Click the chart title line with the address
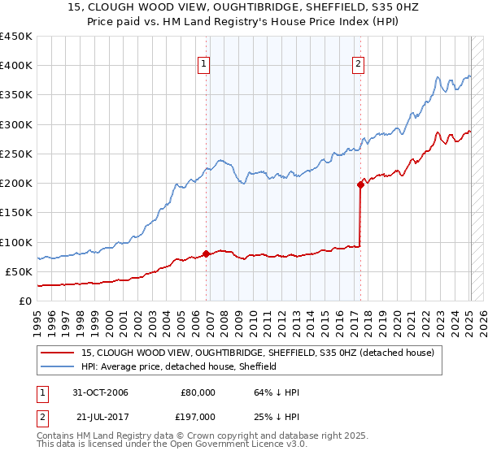click(244, 8)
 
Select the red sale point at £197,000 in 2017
click(360, 184)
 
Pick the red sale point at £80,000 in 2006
click(206, 253)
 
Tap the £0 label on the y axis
click(24, 301)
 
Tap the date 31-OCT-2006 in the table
click(100, 392)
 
